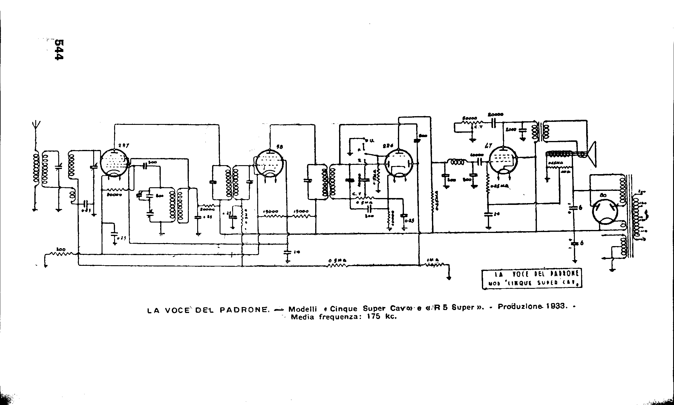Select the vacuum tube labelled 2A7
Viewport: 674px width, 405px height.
114,163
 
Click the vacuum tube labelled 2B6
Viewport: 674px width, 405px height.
399,162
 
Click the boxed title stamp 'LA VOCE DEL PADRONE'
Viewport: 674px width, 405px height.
532,279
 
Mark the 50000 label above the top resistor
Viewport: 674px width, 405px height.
469,118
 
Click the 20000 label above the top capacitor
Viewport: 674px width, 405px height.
495,114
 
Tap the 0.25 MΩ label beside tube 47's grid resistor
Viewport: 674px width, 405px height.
500,186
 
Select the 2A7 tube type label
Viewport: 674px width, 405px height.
123,145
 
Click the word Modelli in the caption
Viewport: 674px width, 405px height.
302,309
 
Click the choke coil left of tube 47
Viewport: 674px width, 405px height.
457,162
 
